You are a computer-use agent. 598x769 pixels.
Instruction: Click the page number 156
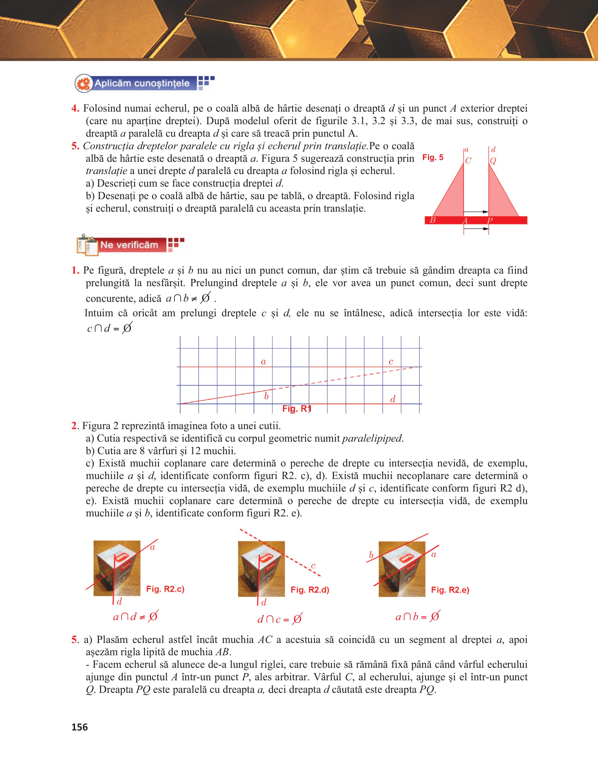80,727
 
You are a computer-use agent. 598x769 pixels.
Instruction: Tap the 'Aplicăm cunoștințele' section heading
142,83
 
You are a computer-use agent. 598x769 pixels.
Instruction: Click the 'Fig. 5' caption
433,157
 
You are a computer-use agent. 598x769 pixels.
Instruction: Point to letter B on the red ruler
433,220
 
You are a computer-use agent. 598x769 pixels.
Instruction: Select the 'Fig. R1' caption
297,409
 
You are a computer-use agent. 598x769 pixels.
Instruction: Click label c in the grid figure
391,362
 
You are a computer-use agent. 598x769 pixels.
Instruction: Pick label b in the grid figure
266,397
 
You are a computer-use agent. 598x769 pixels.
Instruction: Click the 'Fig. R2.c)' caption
165,589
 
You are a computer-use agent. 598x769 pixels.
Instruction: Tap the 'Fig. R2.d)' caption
310,590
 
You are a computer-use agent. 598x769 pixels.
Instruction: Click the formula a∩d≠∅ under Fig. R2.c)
135,617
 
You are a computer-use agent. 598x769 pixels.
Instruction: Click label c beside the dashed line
313,566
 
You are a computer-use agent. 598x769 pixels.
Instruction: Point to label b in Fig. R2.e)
371,555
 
